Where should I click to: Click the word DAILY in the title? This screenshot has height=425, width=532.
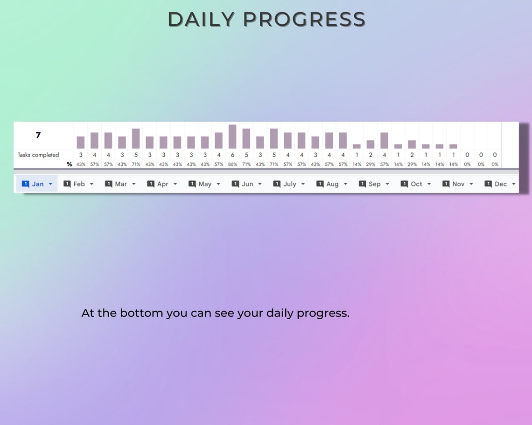(201, 20)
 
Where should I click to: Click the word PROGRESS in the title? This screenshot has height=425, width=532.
(304, 20)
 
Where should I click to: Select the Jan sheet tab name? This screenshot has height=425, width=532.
(38, 184)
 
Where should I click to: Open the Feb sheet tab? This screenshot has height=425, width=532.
(79, 184)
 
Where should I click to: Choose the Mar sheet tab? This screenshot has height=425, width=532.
(121, 184)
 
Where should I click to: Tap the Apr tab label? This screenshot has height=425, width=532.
(162, 184)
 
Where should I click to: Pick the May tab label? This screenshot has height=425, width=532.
(205, 184)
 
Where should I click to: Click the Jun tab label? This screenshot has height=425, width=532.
(247, 184)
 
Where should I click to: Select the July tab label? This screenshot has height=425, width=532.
(290, 184)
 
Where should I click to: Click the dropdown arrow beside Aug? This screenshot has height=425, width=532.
(345, 184)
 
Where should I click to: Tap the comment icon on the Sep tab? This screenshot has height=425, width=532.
(362, 184)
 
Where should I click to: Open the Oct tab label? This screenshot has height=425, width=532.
(416, 184)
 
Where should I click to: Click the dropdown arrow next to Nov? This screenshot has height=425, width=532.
(471, 184)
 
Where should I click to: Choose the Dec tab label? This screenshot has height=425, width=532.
(501, 184)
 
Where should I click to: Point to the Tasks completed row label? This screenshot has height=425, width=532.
(38, 155)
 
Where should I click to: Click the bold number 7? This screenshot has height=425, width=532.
(38, 135)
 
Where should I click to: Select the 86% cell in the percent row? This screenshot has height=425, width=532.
(232, 165)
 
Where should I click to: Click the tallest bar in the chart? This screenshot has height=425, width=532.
(232, 137)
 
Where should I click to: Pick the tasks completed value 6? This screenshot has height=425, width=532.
(232, 155)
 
